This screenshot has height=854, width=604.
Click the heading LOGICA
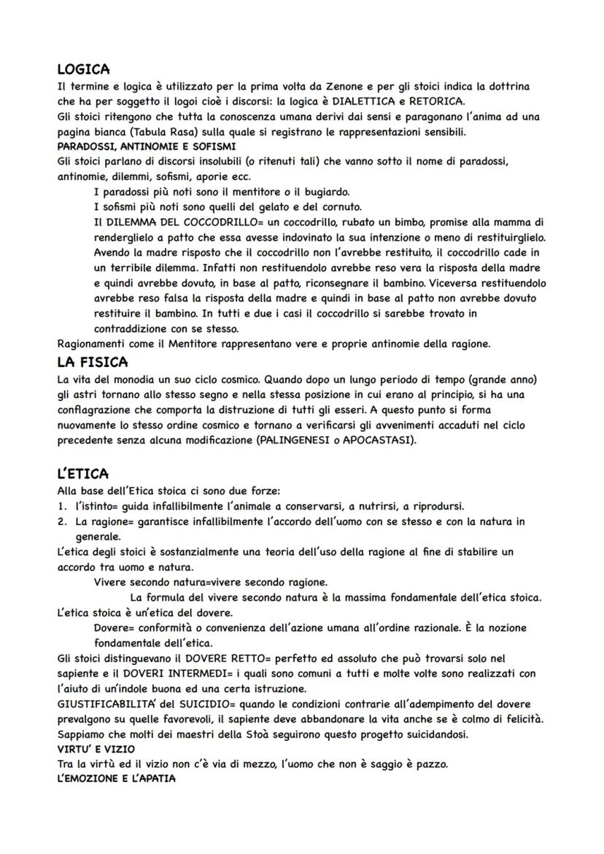pyautogui.click(x=83, y=70)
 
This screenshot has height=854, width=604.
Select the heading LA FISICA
pyautogui.click(x=93, y=362)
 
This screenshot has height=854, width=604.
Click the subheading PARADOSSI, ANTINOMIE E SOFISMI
pyautogui.click(x=131, y=147)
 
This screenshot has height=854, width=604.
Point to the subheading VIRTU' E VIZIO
pyautogui.click(x=96, y=749)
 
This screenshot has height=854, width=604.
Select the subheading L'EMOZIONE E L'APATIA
pyautogui.click(x=116, y=778)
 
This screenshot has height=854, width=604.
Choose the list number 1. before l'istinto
pyautogui.click(x=62, y=506)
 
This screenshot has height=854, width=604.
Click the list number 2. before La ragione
pyautogui.click(x=62, y=521)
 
